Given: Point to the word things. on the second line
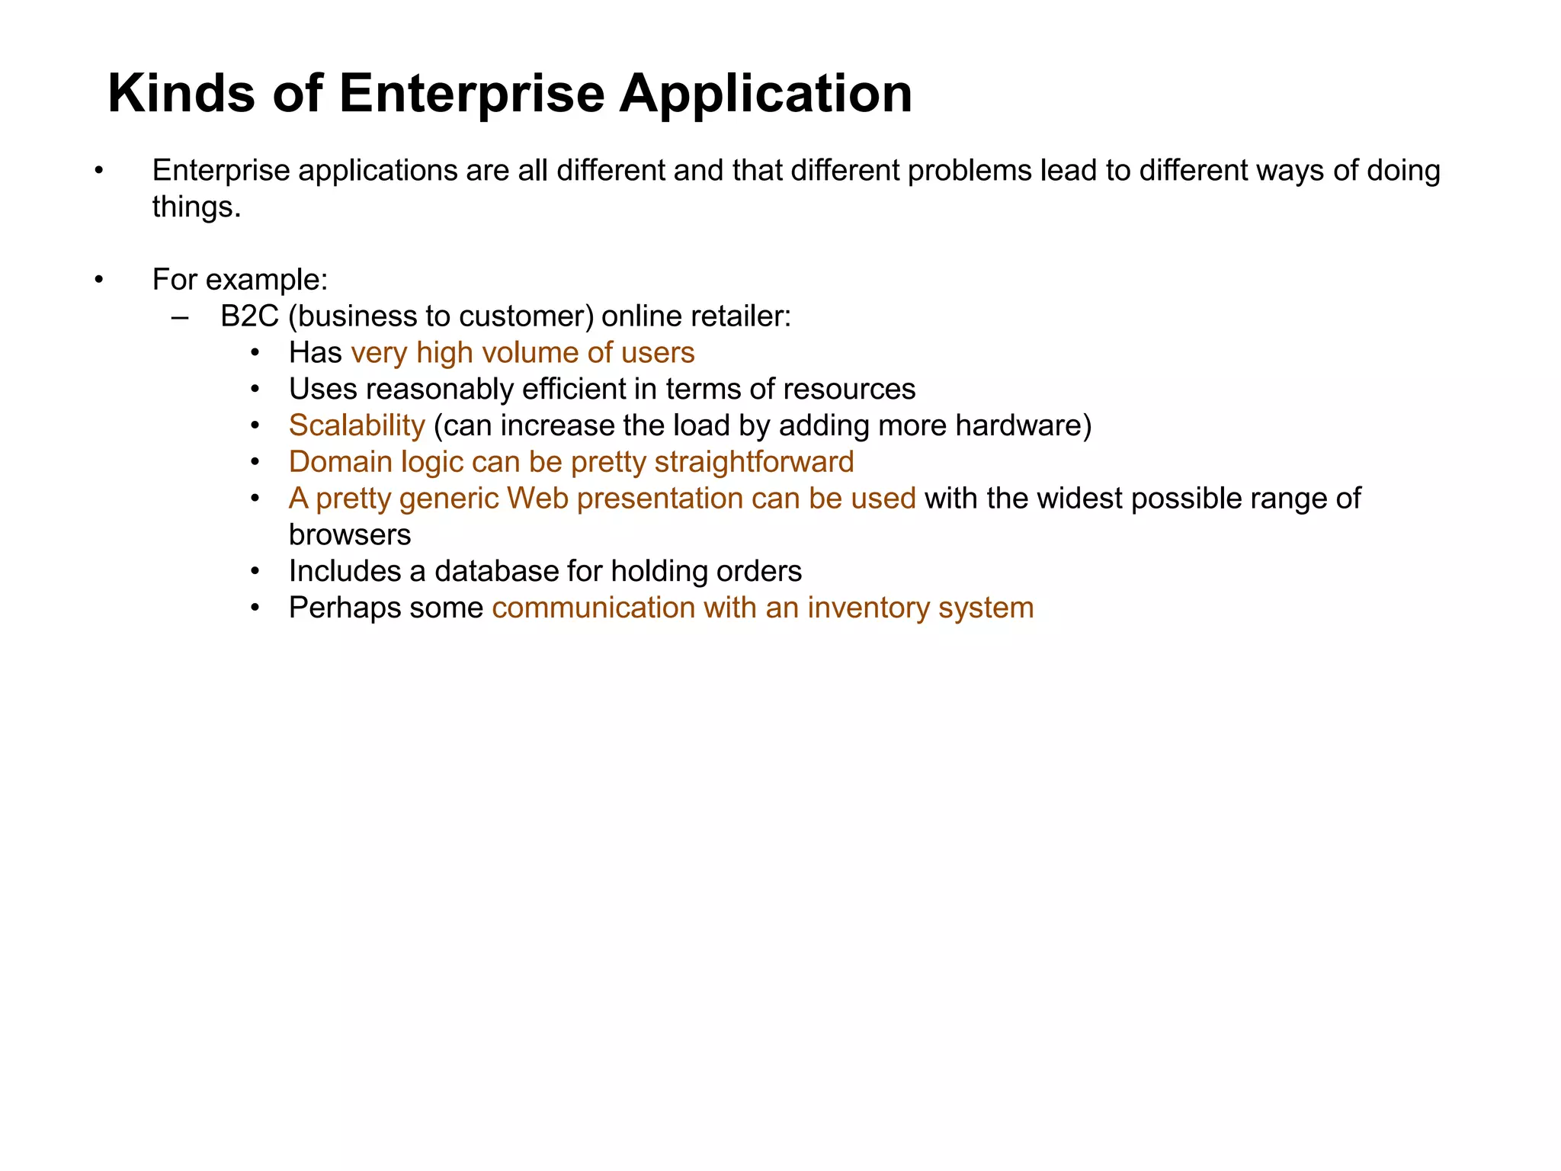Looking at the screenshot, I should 197,207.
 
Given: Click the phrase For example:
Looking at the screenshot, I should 240,280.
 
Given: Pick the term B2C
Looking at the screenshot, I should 249,316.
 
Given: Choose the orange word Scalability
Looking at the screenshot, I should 357,425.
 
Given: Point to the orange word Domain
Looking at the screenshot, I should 341,462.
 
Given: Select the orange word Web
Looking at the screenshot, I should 537,499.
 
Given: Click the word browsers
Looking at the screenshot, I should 350,535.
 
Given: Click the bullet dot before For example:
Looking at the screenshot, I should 98,281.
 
